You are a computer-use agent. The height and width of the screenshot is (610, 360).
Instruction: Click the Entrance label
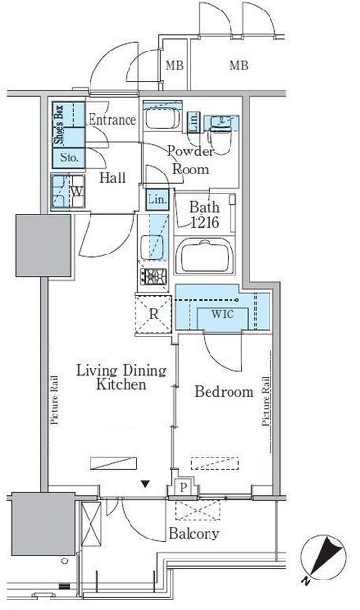(x=112, y=119)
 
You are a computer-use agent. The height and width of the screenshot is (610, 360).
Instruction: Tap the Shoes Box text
(x=58, y=125)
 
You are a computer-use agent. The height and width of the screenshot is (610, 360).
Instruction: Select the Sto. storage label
(x=70, y=158)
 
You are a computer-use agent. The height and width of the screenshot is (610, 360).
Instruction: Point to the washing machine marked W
(x=68, y=192)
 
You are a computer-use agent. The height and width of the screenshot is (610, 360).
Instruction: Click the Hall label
(x=112, y=178)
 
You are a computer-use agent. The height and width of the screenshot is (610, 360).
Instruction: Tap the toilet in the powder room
(x=220, y=133)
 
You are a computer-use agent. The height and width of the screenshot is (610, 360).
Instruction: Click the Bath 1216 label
(x=205, y=213)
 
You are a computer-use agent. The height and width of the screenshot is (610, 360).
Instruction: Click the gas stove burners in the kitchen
(x=153, y=276)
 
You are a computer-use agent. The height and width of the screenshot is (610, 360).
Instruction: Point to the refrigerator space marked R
(x=153, y=315)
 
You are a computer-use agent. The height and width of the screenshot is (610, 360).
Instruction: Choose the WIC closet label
(x=223, y=314)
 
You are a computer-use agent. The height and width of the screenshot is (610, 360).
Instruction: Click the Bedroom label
(x=224, y=391)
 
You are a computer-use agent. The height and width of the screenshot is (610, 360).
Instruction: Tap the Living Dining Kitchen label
(x=121, y=377)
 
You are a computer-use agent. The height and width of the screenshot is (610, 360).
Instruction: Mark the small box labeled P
(x=183, y=487)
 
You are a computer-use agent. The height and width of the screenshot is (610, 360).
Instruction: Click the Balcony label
(x=193, y=534)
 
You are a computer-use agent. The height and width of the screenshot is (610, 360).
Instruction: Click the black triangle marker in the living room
(x=145, y=484)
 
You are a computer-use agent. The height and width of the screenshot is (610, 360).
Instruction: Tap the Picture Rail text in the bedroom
(x=266, y=401)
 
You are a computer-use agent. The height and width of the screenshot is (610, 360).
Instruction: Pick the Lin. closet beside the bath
(x=157, y=199)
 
